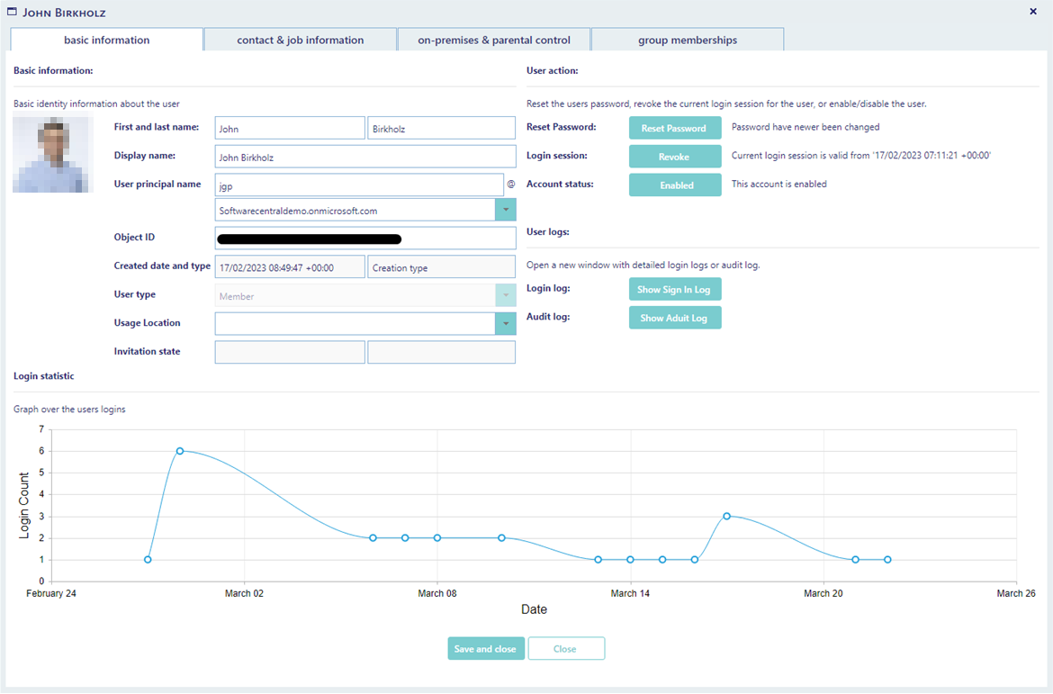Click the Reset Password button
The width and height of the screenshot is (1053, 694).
click(675, 128)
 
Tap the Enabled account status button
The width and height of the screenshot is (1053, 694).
click(675, 185)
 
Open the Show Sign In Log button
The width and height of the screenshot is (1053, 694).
click(675, 289)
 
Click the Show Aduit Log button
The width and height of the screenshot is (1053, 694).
click(675, 318)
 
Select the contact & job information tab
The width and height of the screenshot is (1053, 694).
click(301, 40)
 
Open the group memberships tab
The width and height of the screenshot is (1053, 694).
click(687, 40)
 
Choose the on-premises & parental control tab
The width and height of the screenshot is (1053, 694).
click(493, 40)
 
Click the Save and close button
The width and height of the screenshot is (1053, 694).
click(485, 648)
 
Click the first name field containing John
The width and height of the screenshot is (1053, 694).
click(290, 129)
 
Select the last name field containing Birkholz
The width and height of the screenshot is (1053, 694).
click(441, 129)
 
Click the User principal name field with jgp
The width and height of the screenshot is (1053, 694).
click(359, 185)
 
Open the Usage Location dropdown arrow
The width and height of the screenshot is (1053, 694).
click(506, 324)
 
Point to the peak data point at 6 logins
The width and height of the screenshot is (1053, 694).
click(180, 451)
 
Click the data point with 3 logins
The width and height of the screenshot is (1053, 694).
click(726, 516)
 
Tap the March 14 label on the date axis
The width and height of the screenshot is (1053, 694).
click(630, 593)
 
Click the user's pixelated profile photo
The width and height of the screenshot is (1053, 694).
click(53, 155)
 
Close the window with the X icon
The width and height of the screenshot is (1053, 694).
click(1033, 12)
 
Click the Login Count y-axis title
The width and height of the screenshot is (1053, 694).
click(24, 505)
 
